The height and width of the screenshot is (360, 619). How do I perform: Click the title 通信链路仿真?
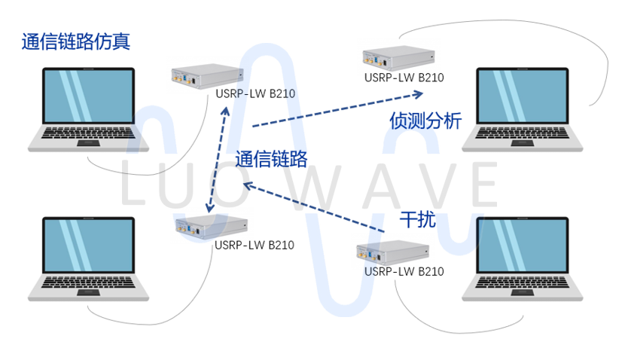76,41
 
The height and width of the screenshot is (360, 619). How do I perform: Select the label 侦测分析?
425,121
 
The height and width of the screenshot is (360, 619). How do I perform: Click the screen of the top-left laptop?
88,96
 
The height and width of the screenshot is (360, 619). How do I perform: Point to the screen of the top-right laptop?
523,96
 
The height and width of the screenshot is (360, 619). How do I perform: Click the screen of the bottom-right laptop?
523,246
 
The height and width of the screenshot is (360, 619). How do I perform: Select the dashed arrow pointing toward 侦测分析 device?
339,109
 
